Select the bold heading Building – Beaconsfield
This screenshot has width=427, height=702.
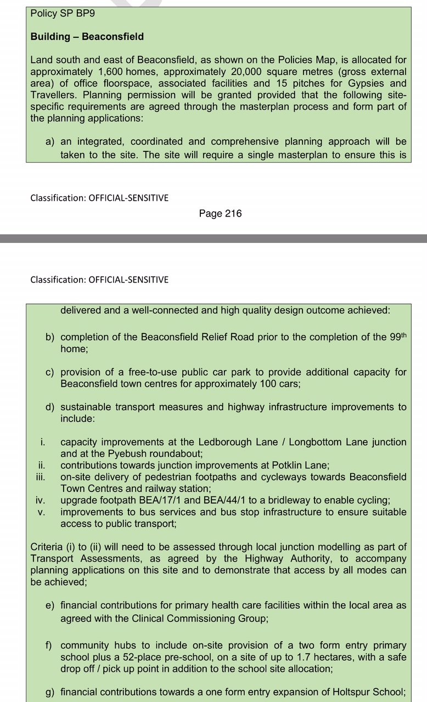click(87, 37)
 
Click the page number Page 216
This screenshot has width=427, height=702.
click(220, 213)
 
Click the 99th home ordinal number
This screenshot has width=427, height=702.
click(398, 337)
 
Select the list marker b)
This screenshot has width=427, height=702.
click(50, 337)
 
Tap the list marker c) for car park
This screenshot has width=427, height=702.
click(50, 372)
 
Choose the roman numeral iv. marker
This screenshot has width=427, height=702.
click(40, 500)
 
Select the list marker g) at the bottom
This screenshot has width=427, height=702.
click(50, 692)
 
